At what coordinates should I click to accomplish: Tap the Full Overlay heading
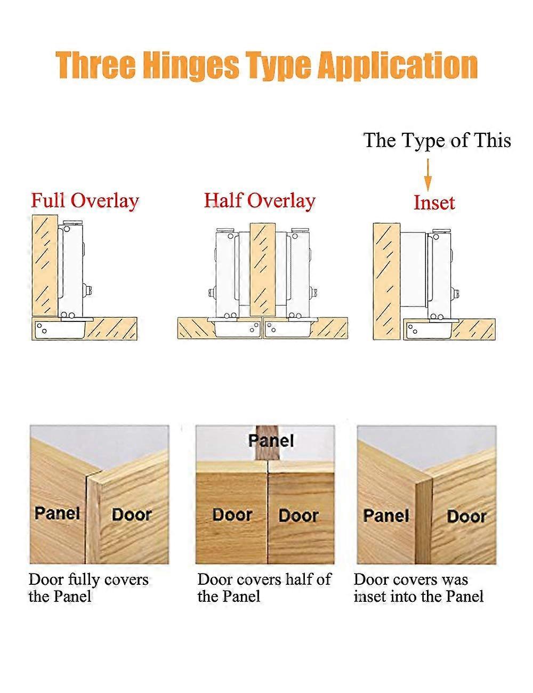coord(85,201)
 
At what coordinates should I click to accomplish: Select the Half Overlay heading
coord(260,200)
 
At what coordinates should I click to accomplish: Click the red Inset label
coord(434,203)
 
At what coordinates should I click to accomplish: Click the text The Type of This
coord(437,140)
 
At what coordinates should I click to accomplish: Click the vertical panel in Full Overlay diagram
coord(44,265)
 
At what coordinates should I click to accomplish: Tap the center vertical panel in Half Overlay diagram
coord(262,270)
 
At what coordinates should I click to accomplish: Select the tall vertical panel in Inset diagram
coord(386,281)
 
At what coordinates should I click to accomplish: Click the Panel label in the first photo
coord(57,513)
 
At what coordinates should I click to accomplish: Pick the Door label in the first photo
coord(132,514)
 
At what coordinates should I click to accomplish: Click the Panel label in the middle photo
coord(271,440)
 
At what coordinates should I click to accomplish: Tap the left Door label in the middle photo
coord(232,514)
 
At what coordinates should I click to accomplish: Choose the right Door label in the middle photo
coord(298,515)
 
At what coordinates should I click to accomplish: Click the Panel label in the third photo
coord(386,515)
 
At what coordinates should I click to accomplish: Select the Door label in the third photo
coord(466,516)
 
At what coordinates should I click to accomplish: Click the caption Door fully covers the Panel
coord(88,587)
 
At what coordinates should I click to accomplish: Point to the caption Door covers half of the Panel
coord(264,587)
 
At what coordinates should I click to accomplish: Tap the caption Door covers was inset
coord(418,587)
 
